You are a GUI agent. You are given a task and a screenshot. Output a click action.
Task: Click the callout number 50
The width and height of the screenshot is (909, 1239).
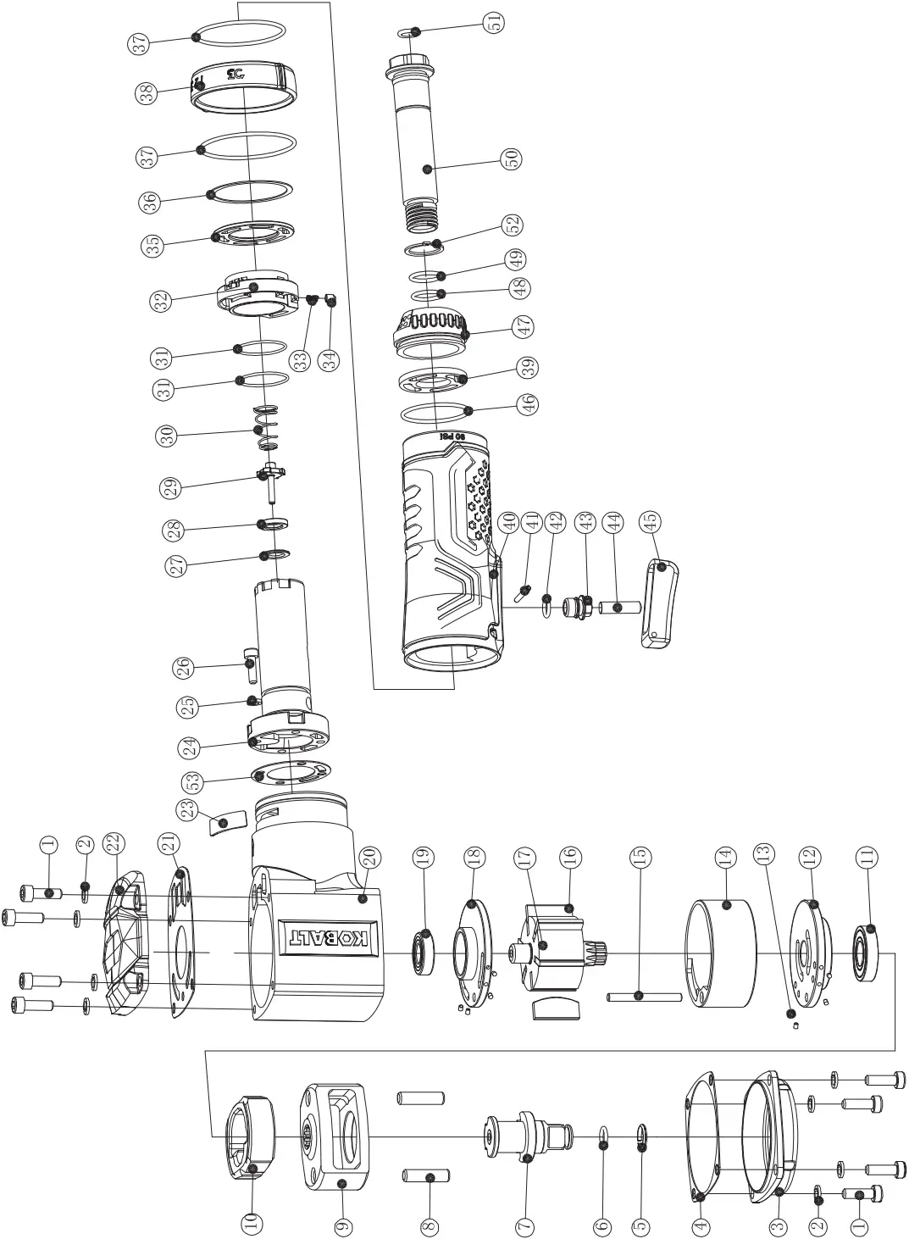click(512, 158)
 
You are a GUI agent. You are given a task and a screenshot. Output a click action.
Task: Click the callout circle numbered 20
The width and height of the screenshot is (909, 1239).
click(370, 858)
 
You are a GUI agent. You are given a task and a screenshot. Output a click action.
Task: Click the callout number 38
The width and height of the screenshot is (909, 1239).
click(149, 93)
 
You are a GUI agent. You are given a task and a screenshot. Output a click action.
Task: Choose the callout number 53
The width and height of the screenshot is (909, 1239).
click(193, 779)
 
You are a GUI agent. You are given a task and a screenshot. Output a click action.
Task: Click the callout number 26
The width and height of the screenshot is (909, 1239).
click(183, 668)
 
